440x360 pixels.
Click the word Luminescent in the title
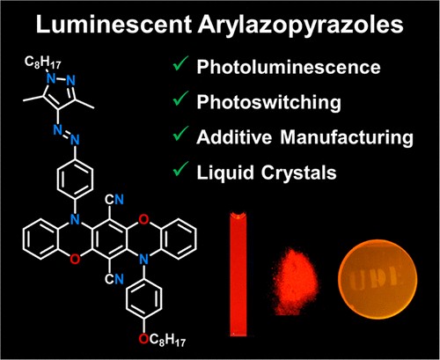coord(114,24)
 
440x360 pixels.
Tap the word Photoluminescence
coord(289,67)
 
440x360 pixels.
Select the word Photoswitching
coord(269,103)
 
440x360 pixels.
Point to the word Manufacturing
coord(347,138)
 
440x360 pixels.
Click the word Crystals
coord(298,173)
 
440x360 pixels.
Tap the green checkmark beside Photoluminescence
coord(180,63)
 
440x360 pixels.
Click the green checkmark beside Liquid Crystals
coord(180,169)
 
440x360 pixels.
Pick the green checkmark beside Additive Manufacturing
coord(180,134)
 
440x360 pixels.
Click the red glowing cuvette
coord(238,274)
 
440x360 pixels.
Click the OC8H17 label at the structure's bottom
coord(162,341)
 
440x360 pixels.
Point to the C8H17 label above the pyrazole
coord(42,62)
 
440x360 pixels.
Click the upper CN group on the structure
coord(114,200)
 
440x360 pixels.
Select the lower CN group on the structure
coord(114,279)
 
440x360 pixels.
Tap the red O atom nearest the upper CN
coord(143,219)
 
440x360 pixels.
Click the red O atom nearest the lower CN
coord(75,260)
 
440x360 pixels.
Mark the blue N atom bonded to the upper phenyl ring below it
coord(76,140)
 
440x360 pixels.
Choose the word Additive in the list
coord(234,137)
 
